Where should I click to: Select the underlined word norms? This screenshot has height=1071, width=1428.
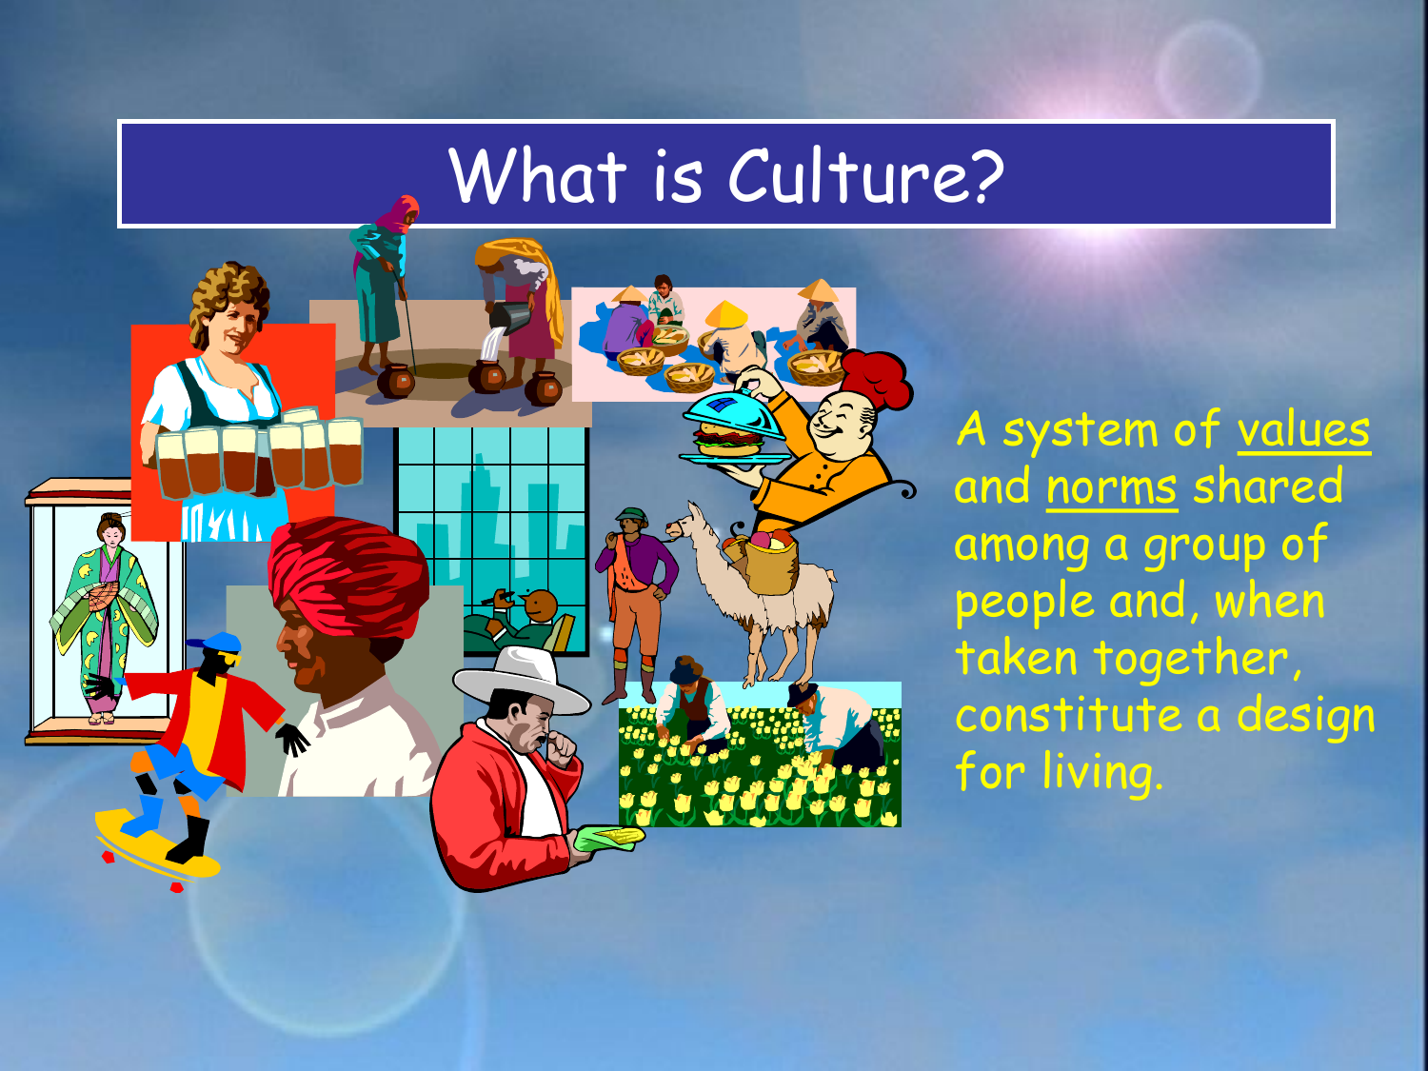coord(1112,487)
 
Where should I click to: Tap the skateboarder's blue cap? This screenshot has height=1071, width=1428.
coord(215,644)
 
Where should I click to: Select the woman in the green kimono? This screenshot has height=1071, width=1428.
coord(104,618)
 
